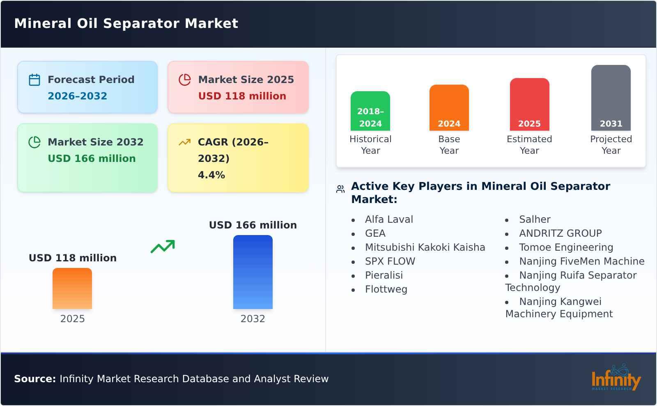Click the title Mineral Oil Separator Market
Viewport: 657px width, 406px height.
[x=126, y=23]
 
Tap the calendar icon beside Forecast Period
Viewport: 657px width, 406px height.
[x=34, y=80]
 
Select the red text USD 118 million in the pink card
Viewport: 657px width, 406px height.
[x=242, y=96]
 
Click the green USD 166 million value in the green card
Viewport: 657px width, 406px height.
[x=92, y=159]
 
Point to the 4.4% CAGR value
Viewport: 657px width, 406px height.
[x=211, y=175]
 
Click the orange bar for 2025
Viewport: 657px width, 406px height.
[x=72, y=288]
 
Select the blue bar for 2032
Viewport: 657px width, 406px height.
[x=253, y=272]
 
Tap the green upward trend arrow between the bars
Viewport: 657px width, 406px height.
[x=163, y=247]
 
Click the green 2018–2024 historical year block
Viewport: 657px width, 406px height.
[x=370, y=111]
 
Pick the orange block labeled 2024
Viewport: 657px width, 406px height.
[x=449, y=108]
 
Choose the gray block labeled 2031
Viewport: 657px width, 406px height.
[x=611, y=98]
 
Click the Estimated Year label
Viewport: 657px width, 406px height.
[x=529, y=145]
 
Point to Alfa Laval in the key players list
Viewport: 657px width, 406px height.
[x=389, y=219]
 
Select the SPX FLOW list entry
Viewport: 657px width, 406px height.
[x=390, y=261]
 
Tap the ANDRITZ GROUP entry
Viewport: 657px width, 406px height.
[x=560, y=233]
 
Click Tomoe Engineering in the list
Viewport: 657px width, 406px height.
[x=566, y=247]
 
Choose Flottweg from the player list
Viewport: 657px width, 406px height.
[x=386, y=289]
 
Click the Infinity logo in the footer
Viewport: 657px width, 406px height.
[x=616, y=378]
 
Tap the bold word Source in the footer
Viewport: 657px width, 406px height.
[x=34, y=379]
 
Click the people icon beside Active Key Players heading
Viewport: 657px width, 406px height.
[x=340, y=189]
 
